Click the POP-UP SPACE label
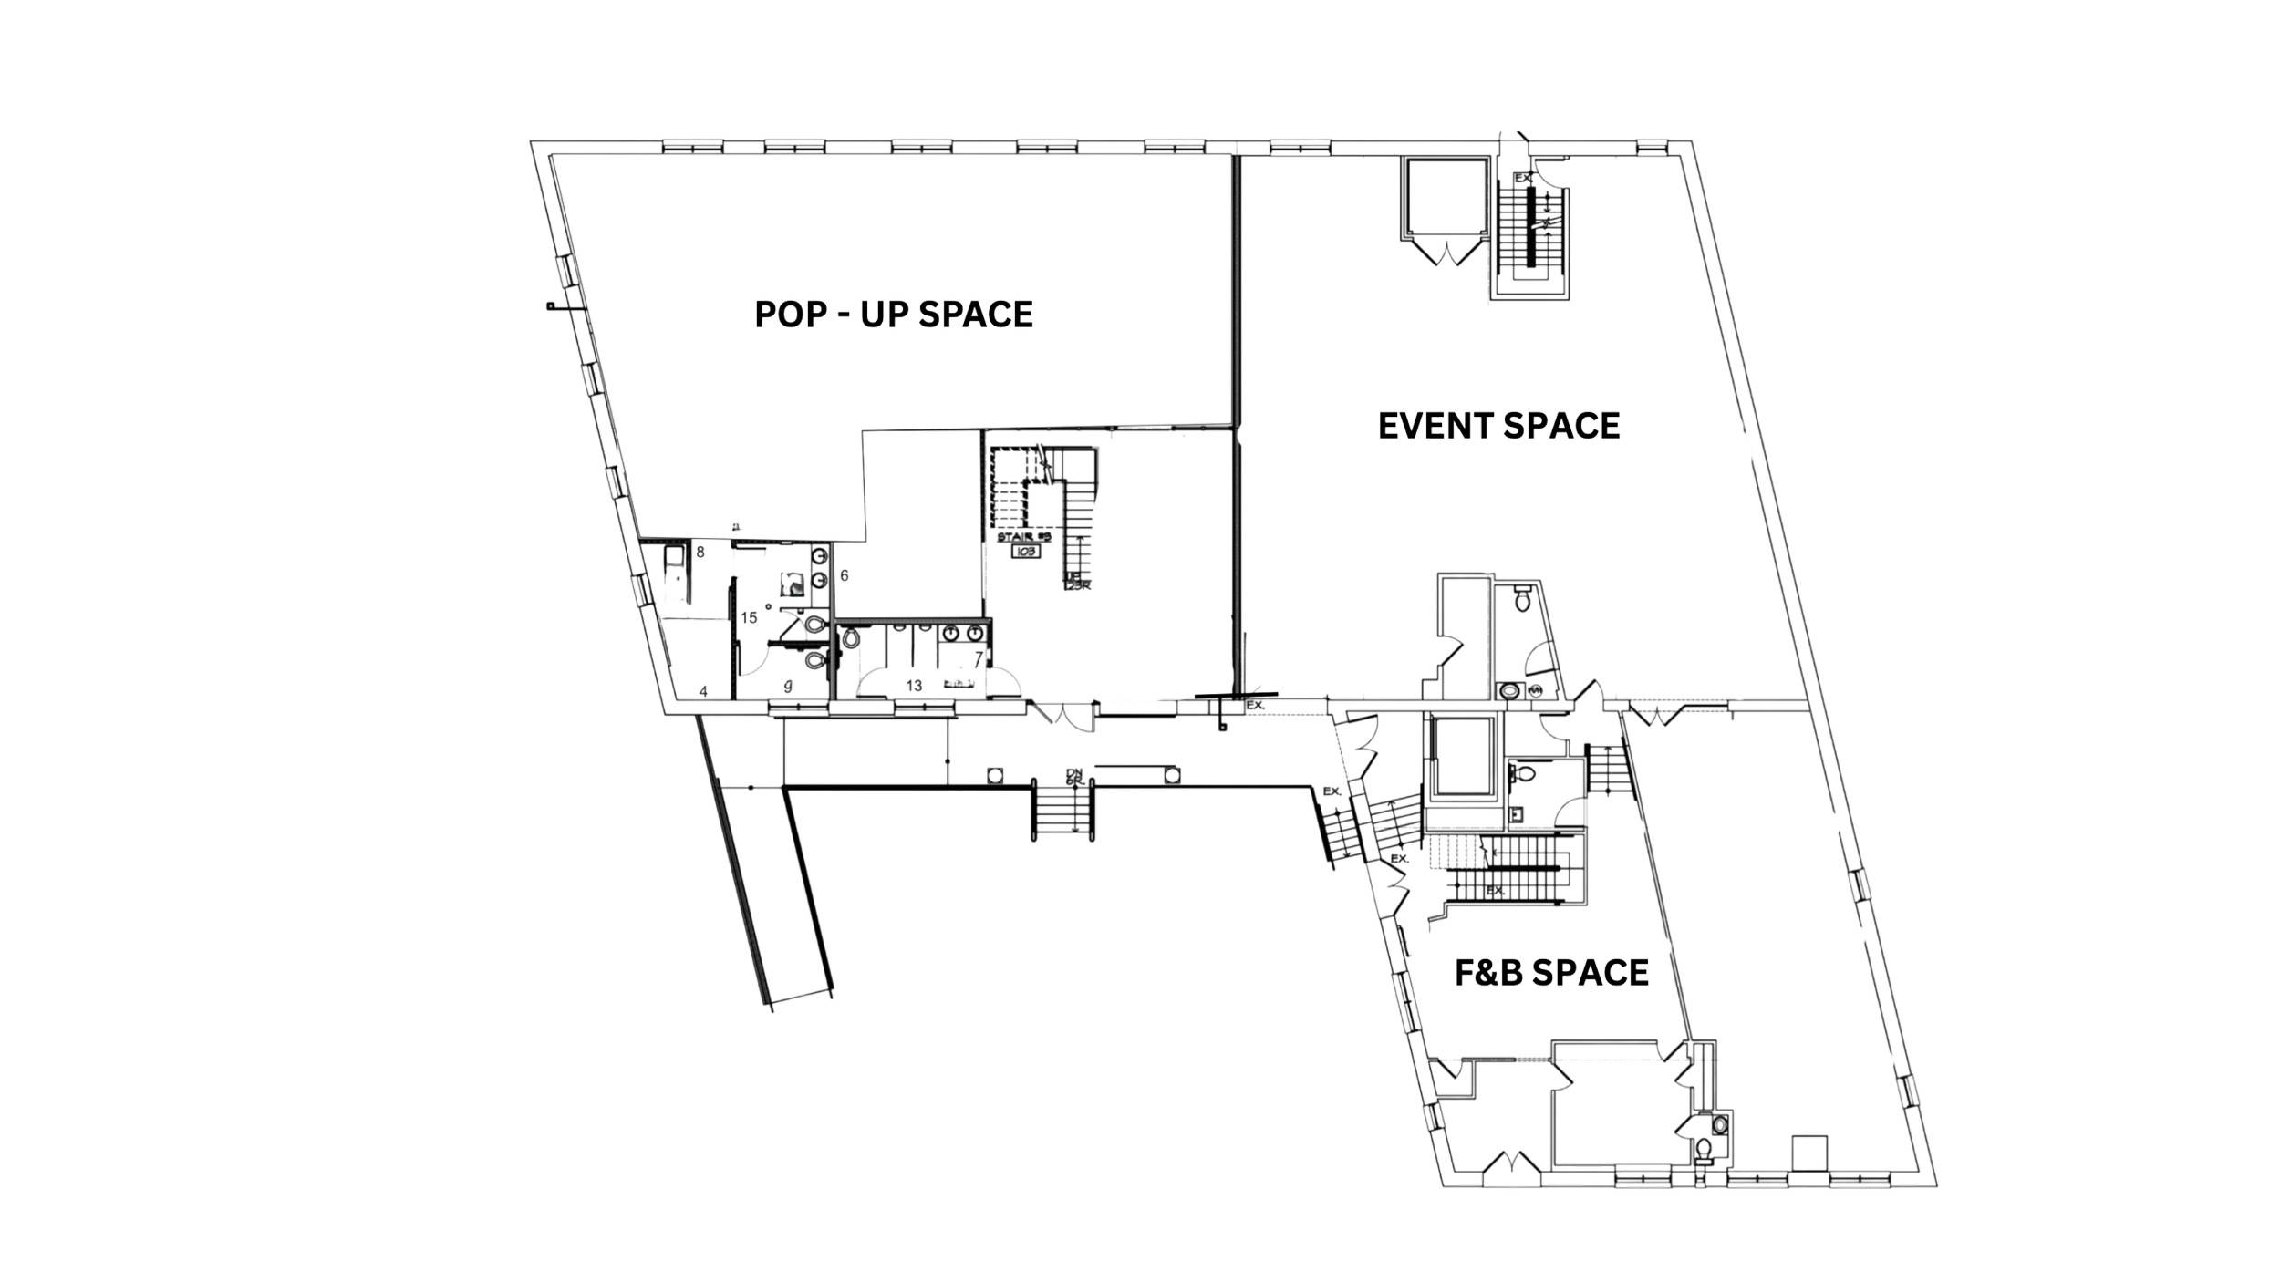tap(894, 315)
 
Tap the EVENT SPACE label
tap(1500, 426)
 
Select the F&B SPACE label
tap(1549, 973)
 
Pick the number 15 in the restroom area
tap(750, 618)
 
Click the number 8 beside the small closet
tap(700, 553)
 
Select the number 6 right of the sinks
tap(845, 576)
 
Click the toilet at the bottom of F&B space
tap(1702, 1150)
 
